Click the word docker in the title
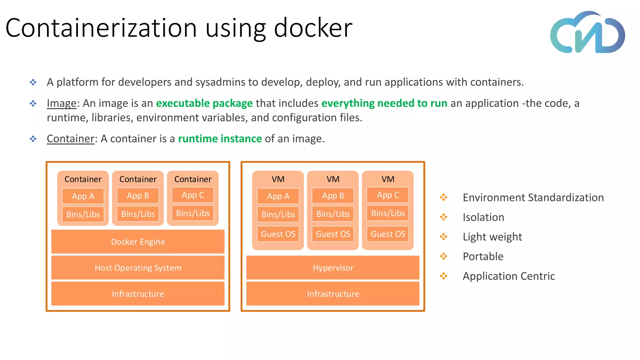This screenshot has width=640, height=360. [x=313, y=28]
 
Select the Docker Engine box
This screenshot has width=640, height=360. [x=138, y=242]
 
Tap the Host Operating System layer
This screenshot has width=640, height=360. [x=138, y=268]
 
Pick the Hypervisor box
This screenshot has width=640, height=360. [x=333, y=268]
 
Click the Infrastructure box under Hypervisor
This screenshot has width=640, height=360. [x=333, y=294]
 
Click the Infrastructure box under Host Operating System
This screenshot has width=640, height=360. [x=138, y=294]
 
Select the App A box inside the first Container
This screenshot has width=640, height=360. [x=83, y=196]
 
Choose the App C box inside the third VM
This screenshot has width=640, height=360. [x=388, y=195]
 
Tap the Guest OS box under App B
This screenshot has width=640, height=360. [x=333, y=234]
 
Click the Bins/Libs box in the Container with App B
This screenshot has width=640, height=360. [x=138, y=214]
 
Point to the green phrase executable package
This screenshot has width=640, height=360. [x=204, y=103]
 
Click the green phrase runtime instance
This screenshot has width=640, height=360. [x=220, y=139]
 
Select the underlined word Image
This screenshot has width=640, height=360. [x=62, y=103]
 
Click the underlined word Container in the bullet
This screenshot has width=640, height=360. [x=71, y=139]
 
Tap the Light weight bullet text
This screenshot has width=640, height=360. [x=492, y=237]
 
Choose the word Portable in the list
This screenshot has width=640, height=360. [x=483, y=257]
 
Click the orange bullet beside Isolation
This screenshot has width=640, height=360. [x=443, y=217]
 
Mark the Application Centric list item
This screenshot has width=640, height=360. [x=509, y=276]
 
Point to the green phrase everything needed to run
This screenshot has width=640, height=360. [x=384, y=103]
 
